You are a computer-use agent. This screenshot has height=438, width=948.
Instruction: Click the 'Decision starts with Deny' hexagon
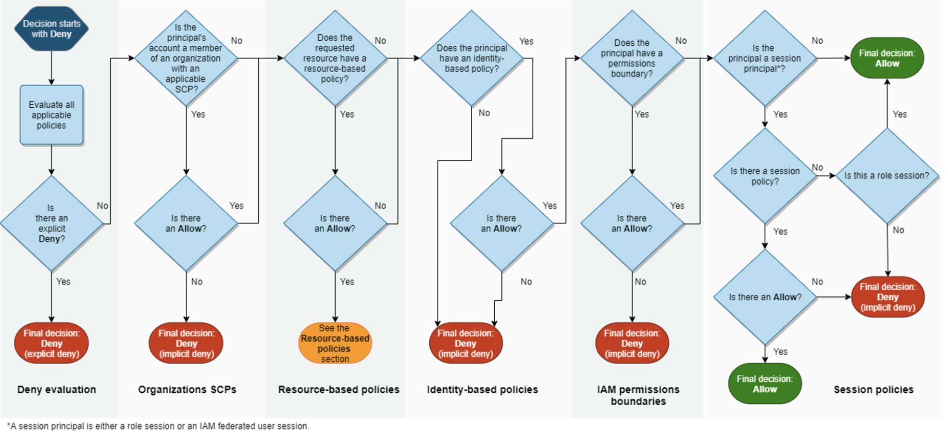click(x=51, y=28)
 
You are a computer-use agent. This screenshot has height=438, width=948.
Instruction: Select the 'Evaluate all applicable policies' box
click(x=51, y=115)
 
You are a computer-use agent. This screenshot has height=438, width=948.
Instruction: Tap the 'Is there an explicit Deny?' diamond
click(x=51, y=223)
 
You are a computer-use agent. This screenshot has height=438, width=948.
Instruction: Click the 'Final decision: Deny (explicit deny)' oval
click(x=51, y=343)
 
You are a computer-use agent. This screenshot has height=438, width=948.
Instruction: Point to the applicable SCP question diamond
click(x=186, y=58)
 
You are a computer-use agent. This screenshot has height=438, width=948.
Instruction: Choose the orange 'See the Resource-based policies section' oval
click(x=335, y=343)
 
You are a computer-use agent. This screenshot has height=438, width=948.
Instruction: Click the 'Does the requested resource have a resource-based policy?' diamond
click(x=335, y=58)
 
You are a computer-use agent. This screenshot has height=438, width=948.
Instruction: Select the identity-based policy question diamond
click(x=472, y=58)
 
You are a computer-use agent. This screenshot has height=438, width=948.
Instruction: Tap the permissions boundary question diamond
click(x=632, y=58)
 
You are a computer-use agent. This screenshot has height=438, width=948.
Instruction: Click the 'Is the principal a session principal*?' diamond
click(x=765, y=58)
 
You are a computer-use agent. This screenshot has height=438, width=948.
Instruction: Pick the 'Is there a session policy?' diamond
click(x=765, y=176)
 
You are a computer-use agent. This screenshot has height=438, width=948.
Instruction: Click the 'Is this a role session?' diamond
click(x=887, y=176)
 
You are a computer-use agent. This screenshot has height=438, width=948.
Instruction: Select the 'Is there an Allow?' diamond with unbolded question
click(x=765, y=297)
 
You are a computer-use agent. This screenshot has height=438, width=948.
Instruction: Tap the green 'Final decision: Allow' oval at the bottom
click(x=765, y=384)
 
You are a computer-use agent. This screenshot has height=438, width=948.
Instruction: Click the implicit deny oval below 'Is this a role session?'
click(x=888, y=297)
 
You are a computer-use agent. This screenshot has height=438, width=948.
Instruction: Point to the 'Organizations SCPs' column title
click(x=187, y=389)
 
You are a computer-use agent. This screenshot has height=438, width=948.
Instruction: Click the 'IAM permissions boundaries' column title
click(x=638, y=395)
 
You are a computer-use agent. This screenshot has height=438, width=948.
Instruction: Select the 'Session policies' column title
click(x=873, y=389)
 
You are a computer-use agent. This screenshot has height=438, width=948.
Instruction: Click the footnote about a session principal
click(x=158, y=426)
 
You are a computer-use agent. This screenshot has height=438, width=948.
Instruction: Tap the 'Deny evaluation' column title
click(x=57, y=389)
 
